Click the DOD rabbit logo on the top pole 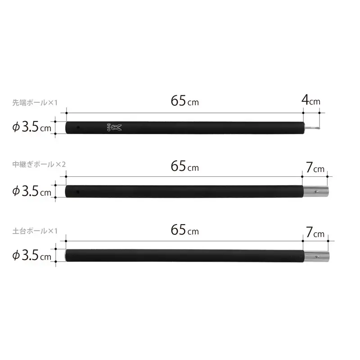pos(114,128)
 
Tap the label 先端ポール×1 pos(35,103)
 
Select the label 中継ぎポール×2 pos(39,164)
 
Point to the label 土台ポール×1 pos(35,231)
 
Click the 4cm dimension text pos(311,100)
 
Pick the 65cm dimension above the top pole pos(185,101)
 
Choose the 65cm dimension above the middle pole pos(185,166)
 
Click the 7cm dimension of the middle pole pos(315,167)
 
